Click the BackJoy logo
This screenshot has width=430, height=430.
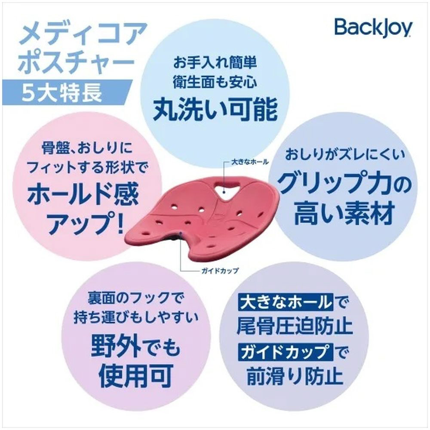(373, 28)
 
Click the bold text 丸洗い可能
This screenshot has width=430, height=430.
(215, 109)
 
